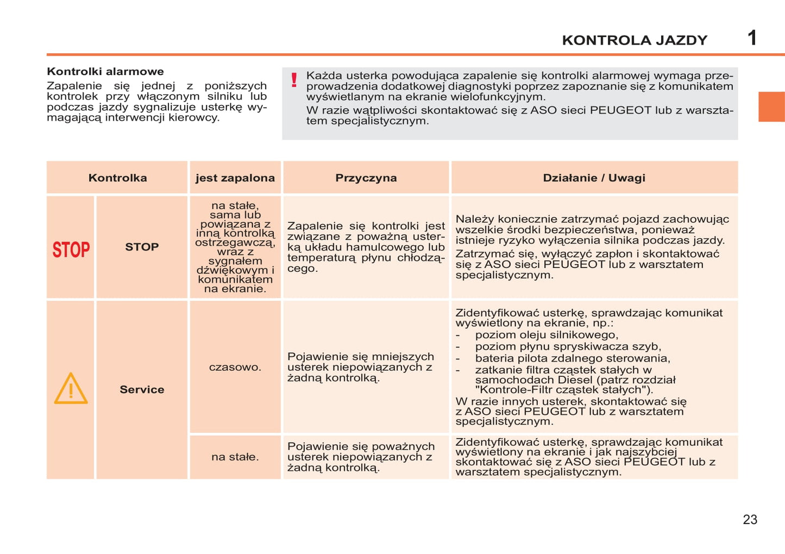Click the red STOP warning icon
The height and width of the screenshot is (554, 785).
(71, 250)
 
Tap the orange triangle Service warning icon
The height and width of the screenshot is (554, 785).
(71, 389)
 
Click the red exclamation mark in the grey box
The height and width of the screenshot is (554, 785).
(294, 80)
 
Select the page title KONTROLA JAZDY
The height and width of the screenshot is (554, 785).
(635, 40)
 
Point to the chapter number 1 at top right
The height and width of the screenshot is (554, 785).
(752, 38)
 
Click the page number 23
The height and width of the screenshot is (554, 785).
(750, 520)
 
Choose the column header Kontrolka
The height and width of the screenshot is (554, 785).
(117, 178)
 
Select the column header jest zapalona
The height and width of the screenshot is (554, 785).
(235, 178)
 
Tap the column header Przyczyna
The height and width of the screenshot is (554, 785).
(366, 178)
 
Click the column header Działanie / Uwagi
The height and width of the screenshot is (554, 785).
(594, 178)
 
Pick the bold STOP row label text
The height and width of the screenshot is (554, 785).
(142, 247)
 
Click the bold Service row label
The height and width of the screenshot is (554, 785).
(142, 389)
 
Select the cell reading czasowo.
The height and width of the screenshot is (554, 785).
(235, 367)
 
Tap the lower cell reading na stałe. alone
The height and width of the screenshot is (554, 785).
(235, 457)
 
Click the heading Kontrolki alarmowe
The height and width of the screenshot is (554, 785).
(105, 71)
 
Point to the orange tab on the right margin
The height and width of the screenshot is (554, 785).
(771, 107)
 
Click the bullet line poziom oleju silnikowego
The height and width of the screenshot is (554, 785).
(547, 335)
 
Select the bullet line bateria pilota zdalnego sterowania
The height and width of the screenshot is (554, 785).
(573, 358)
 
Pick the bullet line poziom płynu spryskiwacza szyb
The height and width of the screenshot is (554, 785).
(568, 346)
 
